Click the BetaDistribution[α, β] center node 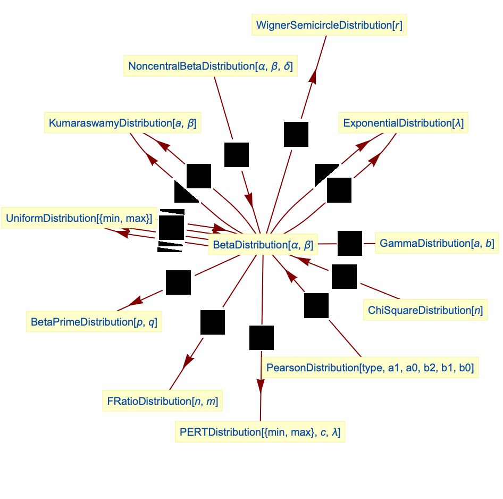coord(263,245)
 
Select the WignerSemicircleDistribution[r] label coord(329,25)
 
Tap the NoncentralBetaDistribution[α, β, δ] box coord(211,66)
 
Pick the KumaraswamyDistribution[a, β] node coord(122,123)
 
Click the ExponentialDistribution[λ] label coord(404,123)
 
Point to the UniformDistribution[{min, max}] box coord(79,218)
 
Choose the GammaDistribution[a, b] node coord(437,244)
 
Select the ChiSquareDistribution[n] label coord(425,310)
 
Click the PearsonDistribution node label coord(370,368)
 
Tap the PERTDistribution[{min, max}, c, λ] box coord(260,432)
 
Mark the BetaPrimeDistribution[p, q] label coord(94,322)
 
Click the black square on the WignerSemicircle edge coord(296,134)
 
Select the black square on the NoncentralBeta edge coord(237,155)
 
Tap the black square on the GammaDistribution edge coord(350,244)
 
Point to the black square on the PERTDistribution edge coord(262,338)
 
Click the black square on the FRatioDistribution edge coord(213,322)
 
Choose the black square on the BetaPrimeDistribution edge coord(178,282)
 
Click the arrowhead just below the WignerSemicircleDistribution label coord(314,76)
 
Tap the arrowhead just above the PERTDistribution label coord(261,385)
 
